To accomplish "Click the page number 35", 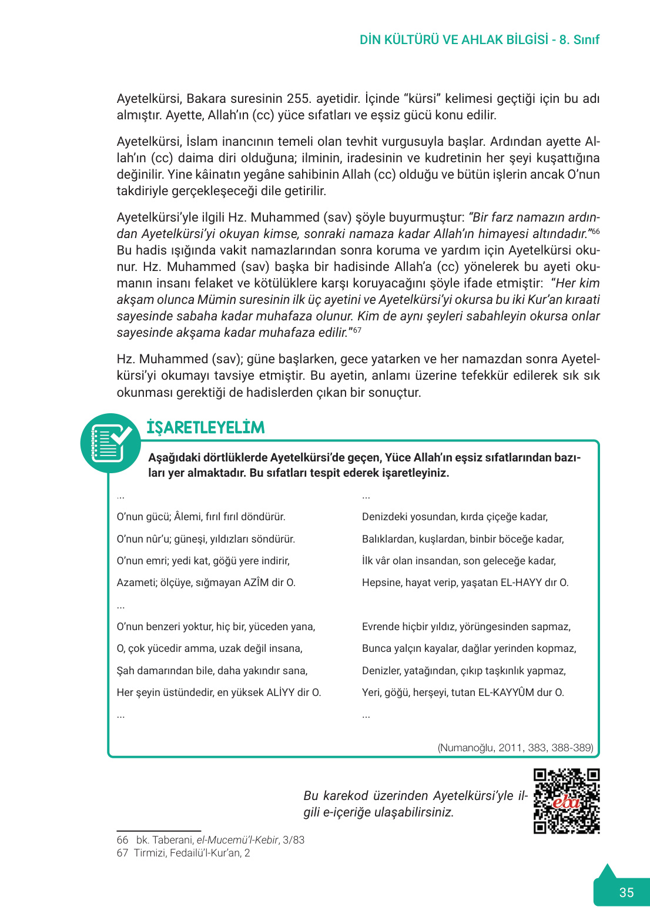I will (626, 892).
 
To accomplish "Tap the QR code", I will (567, 801).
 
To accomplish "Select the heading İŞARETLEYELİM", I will (206, 427).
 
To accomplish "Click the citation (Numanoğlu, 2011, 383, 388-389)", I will (515, 748).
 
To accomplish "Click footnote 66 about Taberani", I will (210, 840).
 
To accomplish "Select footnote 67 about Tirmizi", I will (183, 853).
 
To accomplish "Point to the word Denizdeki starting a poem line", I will (384, 517).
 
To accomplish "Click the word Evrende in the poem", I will (381, 627).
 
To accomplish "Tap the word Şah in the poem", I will (125, 671).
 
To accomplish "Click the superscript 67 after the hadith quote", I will (357, 330).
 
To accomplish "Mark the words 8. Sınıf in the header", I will (579, 40).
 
